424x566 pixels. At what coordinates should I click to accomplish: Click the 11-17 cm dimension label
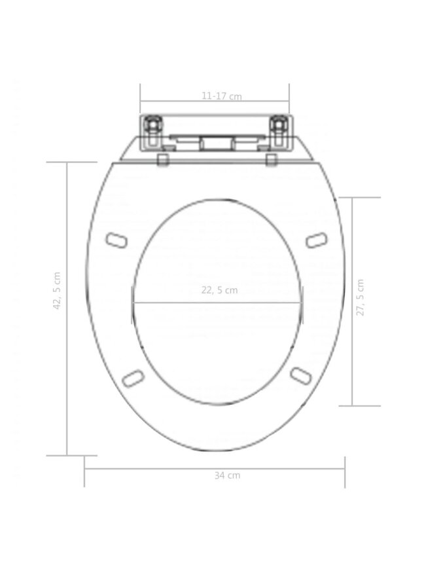(221, 96)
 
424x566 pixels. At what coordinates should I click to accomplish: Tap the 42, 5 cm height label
(57, 291)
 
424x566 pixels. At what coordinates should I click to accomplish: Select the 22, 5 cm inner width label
(219, 290)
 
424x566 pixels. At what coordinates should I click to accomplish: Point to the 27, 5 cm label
(360, 297)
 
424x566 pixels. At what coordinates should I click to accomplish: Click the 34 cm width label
(227, 476)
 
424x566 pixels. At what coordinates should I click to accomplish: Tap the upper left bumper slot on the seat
(116, 240)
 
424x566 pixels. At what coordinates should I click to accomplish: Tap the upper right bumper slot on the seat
(317, 240)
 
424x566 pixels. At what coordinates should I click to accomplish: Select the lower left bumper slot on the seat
(133, 379)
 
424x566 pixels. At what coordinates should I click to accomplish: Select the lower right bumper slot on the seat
(301, 377)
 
